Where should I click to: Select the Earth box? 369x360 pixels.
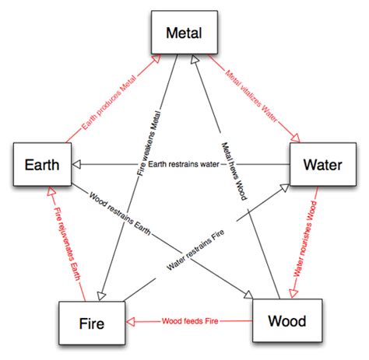point(39,165)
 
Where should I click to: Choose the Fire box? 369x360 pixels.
point(92,321)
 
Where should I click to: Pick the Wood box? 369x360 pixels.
point(286,320)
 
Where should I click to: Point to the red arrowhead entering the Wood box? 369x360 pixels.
point(293,292)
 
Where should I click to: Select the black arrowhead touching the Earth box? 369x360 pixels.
point(76,165)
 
